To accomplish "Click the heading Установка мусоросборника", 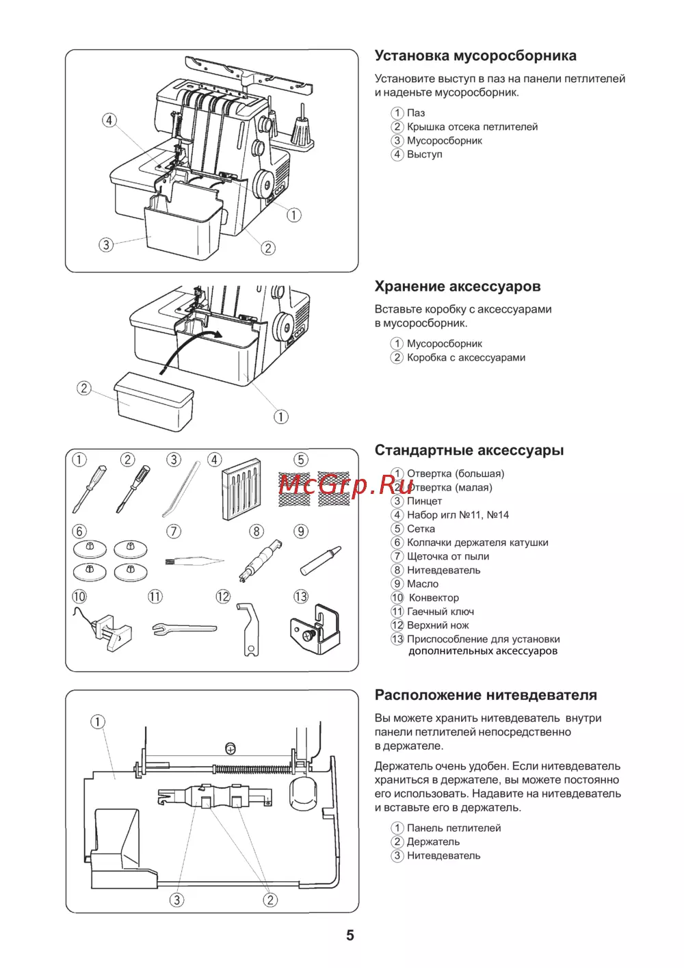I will (x=475, y=56).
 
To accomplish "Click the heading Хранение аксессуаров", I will (x=457, y=287).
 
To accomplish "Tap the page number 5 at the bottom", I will (x=350, y=935).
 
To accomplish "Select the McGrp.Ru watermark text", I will (x=346, y=485).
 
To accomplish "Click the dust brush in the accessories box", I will (x=194, y=561).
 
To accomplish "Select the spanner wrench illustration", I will (x=183, y=629).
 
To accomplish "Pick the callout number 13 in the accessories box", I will (x=301, y=597).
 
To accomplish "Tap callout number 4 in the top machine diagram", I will (x=109, y=120).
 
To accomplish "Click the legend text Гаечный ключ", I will (x=440, y=612).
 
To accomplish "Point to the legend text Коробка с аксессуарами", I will (x=466, y=357).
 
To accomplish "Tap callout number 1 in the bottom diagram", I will (x=98, y=722).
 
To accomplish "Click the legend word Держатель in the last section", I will (x=433, y=841).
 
